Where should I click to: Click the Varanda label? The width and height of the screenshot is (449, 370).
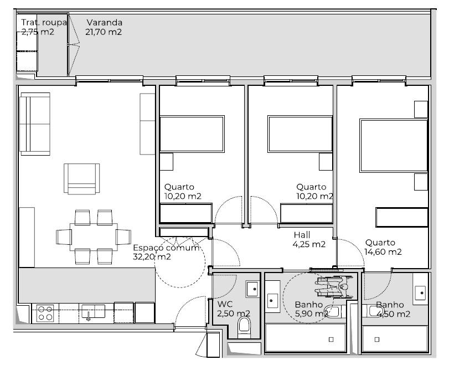(105, 22)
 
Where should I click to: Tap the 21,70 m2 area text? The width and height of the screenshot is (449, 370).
(104, 32)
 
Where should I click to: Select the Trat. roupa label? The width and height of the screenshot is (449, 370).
(44, 22)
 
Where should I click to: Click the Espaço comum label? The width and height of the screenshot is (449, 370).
(166, 248)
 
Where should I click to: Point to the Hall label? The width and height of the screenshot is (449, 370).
(302, 235)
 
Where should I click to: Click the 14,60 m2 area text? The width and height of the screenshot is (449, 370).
(383, 251)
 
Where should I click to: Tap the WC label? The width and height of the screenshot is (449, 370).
(225, 304)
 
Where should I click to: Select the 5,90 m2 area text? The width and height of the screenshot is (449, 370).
(311, 314)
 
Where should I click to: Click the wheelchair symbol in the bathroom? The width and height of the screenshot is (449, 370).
(334, 286)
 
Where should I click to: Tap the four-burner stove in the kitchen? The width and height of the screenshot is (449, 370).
(45, 314)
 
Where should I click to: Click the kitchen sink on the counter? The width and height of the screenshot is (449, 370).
(93, 312)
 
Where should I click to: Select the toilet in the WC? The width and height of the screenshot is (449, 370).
(244, 327)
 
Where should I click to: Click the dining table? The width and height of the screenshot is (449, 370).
(94, 237)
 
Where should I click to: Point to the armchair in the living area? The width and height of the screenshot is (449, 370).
(81, 179)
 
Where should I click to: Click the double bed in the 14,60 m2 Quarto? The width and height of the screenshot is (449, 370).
(394, 146)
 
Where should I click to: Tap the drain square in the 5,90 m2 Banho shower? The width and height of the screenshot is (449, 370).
(331, 340)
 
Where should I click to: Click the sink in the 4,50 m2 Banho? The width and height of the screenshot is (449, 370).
(420, 292)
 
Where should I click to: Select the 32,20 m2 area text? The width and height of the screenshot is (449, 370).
(152, 256)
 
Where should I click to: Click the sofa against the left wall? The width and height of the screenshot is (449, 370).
(35, 124)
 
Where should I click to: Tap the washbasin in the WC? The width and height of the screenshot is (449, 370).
(252, 289)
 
